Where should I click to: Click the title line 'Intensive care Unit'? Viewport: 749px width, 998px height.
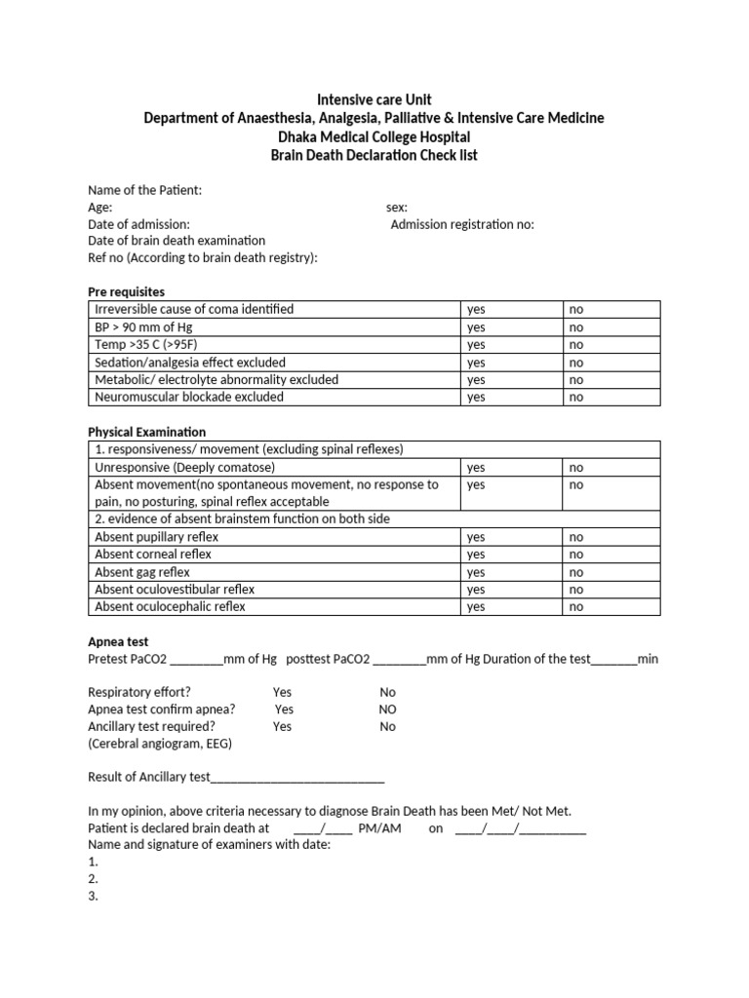tap(374, 99)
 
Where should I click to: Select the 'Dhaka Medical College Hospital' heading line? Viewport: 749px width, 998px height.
tap(374, 136)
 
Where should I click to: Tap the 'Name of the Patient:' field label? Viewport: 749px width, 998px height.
tap(145, 190)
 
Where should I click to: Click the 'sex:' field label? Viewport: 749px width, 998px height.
tap(397, 208)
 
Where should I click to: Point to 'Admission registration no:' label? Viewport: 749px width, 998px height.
tap(462, 224)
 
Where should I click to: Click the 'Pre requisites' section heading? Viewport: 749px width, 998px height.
tap(127, 291)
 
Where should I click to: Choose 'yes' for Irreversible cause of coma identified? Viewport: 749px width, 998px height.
tap(476, 310)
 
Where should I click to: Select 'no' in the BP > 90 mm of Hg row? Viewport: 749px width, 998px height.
tap(576, 327)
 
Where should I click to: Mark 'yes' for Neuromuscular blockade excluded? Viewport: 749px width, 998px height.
tap(476, 398)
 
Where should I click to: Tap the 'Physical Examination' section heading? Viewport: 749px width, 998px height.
tap(147, 432)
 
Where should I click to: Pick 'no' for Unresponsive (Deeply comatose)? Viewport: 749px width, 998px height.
tap(576, 468)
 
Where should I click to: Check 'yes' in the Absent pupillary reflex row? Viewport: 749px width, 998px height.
tap(476, 537)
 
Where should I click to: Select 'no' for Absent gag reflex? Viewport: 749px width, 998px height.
tap(576, 572)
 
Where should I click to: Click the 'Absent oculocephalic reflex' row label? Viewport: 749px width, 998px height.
tap(170, 606)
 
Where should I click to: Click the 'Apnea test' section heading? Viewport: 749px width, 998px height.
tap(118, 642)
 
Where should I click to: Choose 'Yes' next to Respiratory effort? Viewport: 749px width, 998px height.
tap(283, 692)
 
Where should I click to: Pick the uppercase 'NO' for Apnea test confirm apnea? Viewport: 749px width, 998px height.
tap(388, 710)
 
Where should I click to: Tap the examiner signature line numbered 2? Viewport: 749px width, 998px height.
tap(94, 879)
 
